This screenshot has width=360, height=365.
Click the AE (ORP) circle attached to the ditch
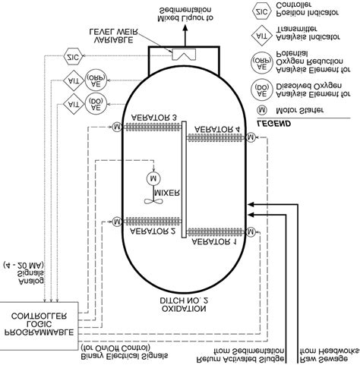[x=96, y=78]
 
